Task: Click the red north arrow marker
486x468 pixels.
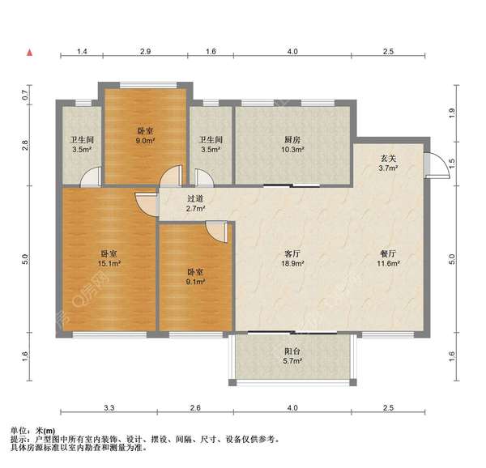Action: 30,53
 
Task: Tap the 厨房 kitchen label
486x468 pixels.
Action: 292,140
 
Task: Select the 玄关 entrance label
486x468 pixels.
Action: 388,159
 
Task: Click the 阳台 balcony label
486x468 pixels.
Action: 292,351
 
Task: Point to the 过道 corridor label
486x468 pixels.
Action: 195,199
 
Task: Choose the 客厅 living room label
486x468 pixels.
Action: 292,254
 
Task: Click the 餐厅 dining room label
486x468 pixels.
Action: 388,254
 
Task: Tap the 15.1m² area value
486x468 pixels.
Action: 109,264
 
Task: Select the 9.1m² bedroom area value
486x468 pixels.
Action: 195,282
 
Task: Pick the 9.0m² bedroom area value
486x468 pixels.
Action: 145,141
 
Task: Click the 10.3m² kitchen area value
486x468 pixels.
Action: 292,149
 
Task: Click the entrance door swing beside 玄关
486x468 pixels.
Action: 438,166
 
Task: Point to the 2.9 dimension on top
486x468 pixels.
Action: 145,51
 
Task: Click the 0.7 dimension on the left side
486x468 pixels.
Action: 25,95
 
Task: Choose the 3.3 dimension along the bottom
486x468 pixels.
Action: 109,407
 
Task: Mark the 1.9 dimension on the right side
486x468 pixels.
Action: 452,113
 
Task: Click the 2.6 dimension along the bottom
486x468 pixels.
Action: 195,407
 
